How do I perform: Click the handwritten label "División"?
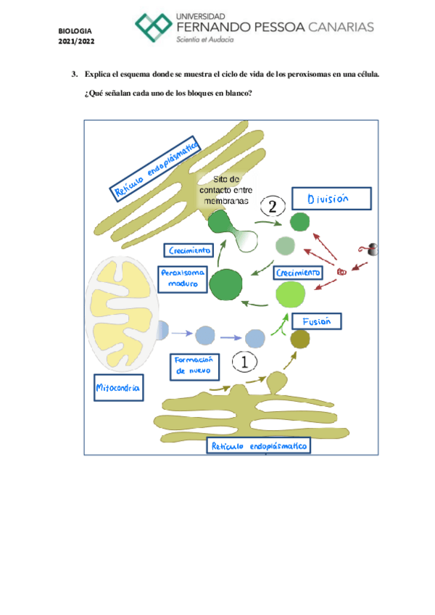(331, 199)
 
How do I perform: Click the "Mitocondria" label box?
(117, 388)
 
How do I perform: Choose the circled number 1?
(244, 361)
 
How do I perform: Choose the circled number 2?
(273, 207)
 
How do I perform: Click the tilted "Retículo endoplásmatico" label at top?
(155, 167)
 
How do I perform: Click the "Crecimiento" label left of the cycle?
(189, 251)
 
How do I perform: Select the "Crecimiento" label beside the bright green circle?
(297, 273)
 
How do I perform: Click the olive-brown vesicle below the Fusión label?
(299, 338)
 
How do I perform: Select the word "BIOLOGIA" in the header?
(76, 31)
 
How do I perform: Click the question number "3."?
(75, 74)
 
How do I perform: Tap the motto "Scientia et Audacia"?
(205, 41)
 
